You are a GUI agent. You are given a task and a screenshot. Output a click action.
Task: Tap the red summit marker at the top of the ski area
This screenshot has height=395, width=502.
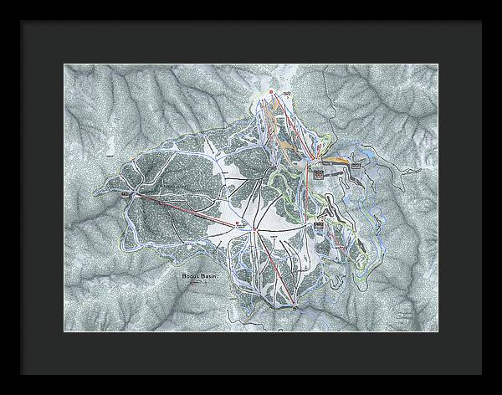pyautogui.click(x=272, y=91)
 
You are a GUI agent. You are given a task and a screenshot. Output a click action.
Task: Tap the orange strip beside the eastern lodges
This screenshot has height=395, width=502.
pyautogui.click(x=336, y=159)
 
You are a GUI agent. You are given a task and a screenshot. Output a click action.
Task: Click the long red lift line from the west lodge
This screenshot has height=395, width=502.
pyautogui.click(x=184, y=210)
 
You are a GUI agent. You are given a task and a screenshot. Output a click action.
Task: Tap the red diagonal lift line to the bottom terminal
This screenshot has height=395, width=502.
pyautogui.click(x=277, y=268)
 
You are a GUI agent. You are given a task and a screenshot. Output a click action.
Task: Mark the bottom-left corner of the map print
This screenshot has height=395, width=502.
pyautogui.click(x=64, y=332)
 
